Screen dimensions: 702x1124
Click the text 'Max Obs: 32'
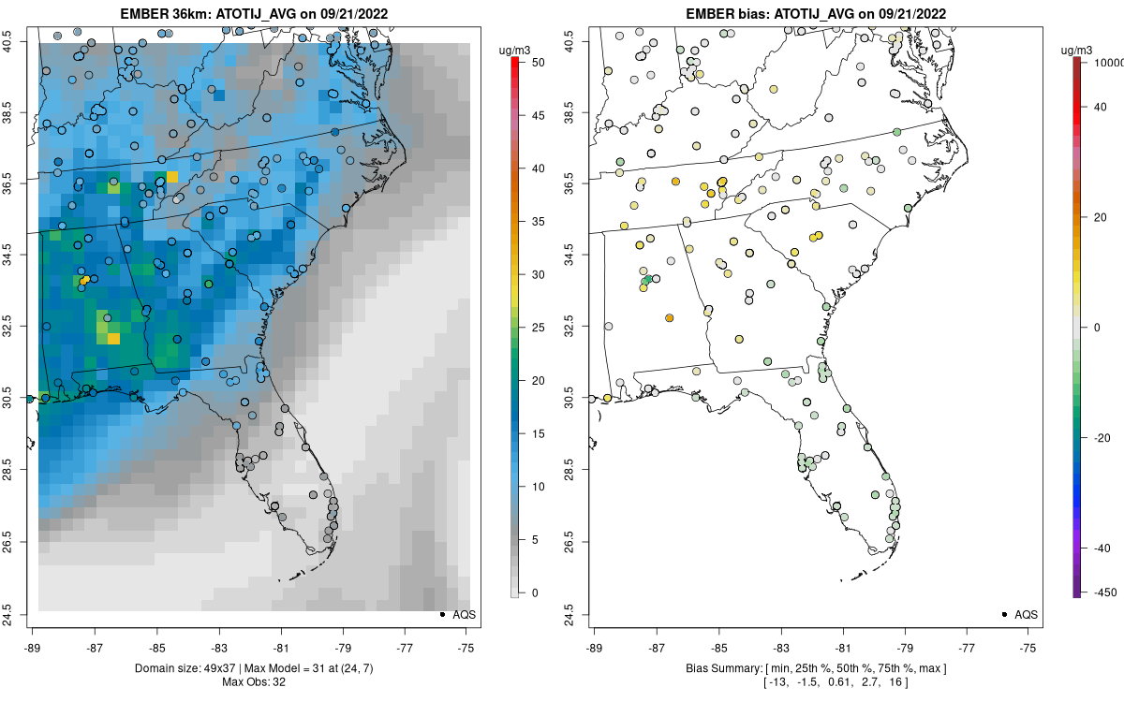254,681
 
